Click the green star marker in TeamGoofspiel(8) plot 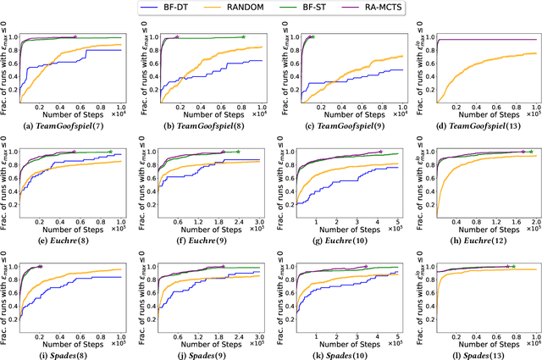(244, 36)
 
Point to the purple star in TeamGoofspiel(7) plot (75, 36)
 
